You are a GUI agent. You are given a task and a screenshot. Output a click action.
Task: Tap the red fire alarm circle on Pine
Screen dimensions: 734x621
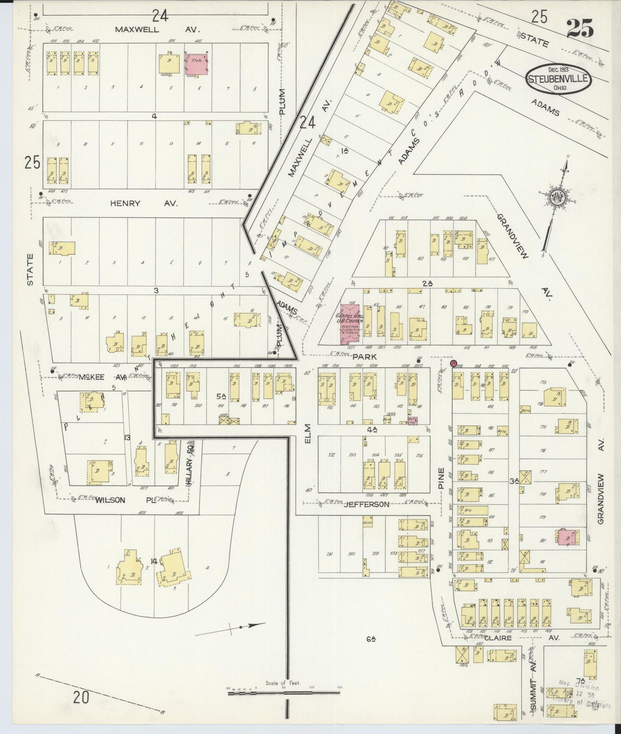click(x=453, y=364)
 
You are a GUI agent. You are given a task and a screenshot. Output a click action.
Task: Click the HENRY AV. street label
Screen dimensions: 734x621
click(x=144, y=203)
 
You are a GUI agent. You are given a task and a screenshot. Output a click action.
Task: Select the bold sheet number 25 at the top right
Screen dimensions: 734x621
click(x=580, y=28)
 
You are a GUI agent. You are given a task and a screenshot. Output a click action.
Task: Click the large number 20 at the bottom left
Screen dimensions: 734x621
click(x=81, y=698)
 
